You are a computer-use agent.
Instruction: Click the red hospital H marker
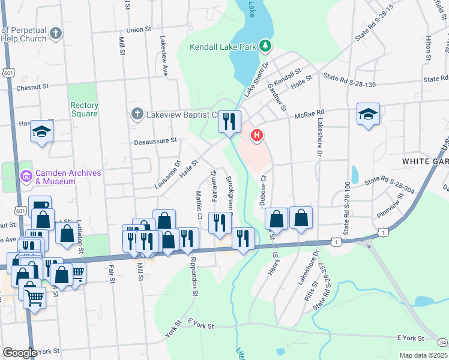[x=257, y=136]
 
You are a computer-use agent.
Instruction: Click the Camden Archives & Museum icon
[x=25, y=176]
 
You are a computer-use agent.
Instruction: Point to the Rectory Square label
[x=85, y=109]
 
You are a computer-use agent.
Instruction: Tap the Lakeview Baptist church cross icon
[x=137, y=113]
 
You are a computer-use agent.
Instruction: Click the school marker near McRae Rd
[x=368, y=114]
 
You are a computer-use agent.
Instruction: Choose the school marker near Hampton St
[x=41, y=131]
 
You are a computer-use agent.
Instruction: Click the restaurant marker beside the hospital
[x=229, y=122]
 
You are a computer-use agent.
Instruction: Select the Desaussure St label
[x=155, y=141]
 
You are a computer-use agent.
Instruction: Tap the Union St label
[x=139, y=29]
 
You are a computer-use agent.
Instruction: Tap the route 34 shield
[x=442, y=342]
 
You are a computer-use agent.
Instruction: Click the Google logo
[x=20, y=353]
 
